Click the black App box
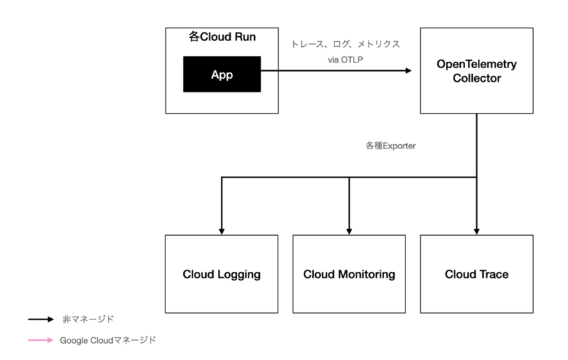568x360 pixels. [x=222, y=74]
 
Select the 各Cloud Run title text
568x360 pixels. [x=222, y=37]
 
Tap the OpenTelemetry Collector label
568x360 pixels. [x=476, y=71]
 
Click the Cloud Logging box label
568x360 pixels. [x=222, y=275]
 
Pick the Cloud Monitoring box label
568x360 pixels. [x=349, y=275]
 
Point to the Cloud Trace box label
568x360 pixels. [x=476, y=274]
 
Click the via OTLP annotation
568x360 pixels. [x=345, y=60]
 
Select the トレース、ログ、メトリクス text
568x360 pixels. [x=346, y=44]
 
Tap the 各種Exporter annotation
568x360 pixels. [x=390, y=146]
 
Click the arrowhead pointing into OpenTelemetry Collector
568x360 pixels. [x=409, y=70]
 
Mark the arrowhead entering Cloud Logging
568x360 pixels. [x=222, y=231]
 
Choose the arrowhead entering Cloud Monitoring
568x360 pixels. [x=349, y=231]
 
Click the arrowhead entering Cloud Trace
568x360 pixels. [x=476, y=231]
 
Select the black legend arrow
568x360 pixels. [x=41, y=320]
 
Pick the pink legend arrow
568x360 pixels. [x=41, y=340]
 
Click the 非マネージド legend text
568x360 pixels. [x=88, y=320]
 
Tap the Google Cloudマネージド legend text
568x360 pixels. [x=108, y=340]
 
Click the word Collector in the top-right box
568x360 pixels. [x=476, y=78]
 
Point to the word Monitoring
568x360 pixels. [x=366, y=275]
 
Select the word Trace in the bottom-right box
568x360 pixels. [x=492, y=274]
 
